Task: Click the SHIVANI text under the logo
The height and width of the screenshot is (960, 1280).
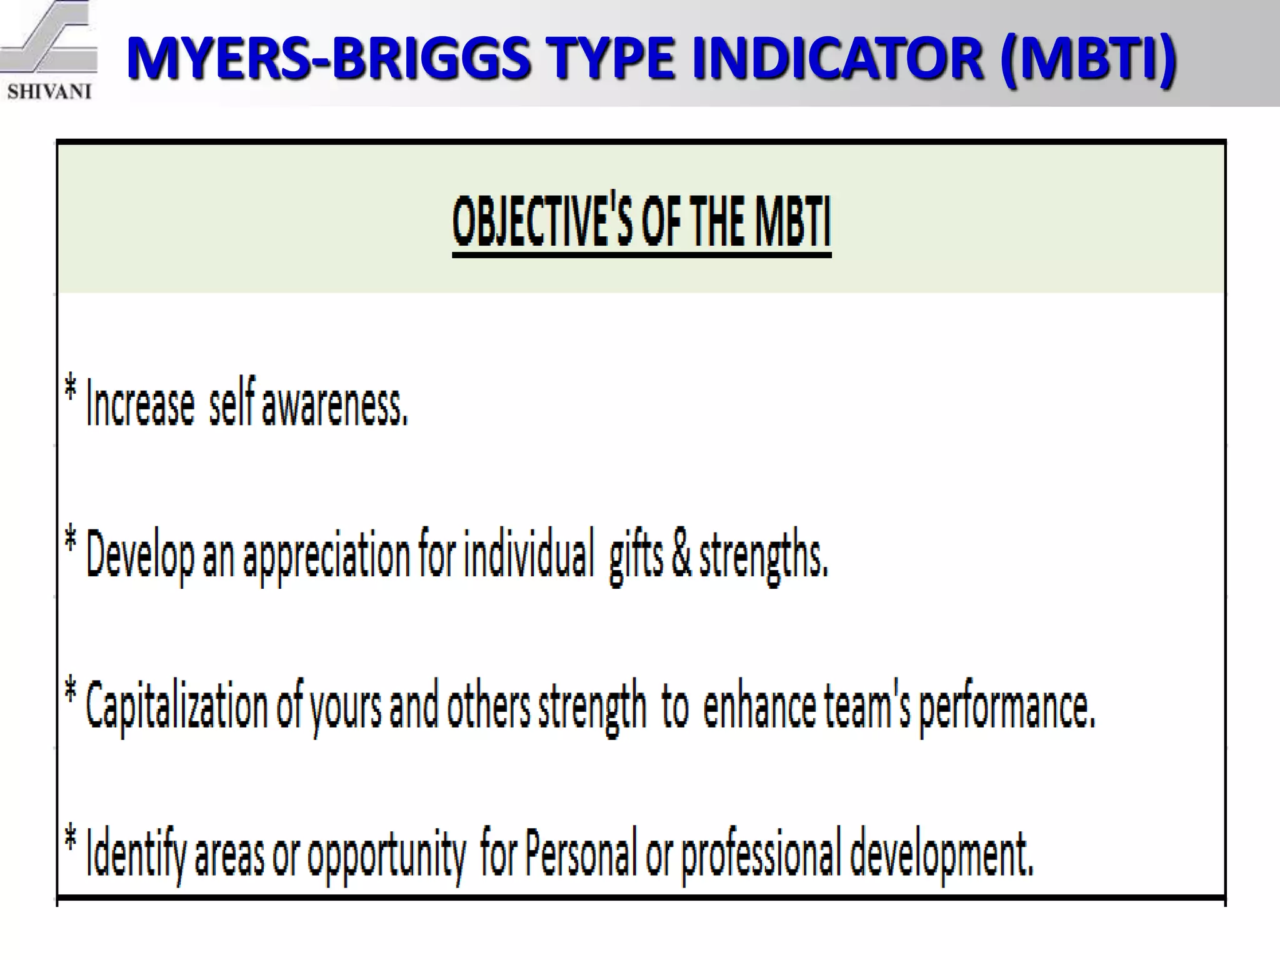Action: [49, 92]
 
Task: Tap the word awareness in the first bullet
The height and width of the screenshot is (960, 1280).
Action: [334, 405]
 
